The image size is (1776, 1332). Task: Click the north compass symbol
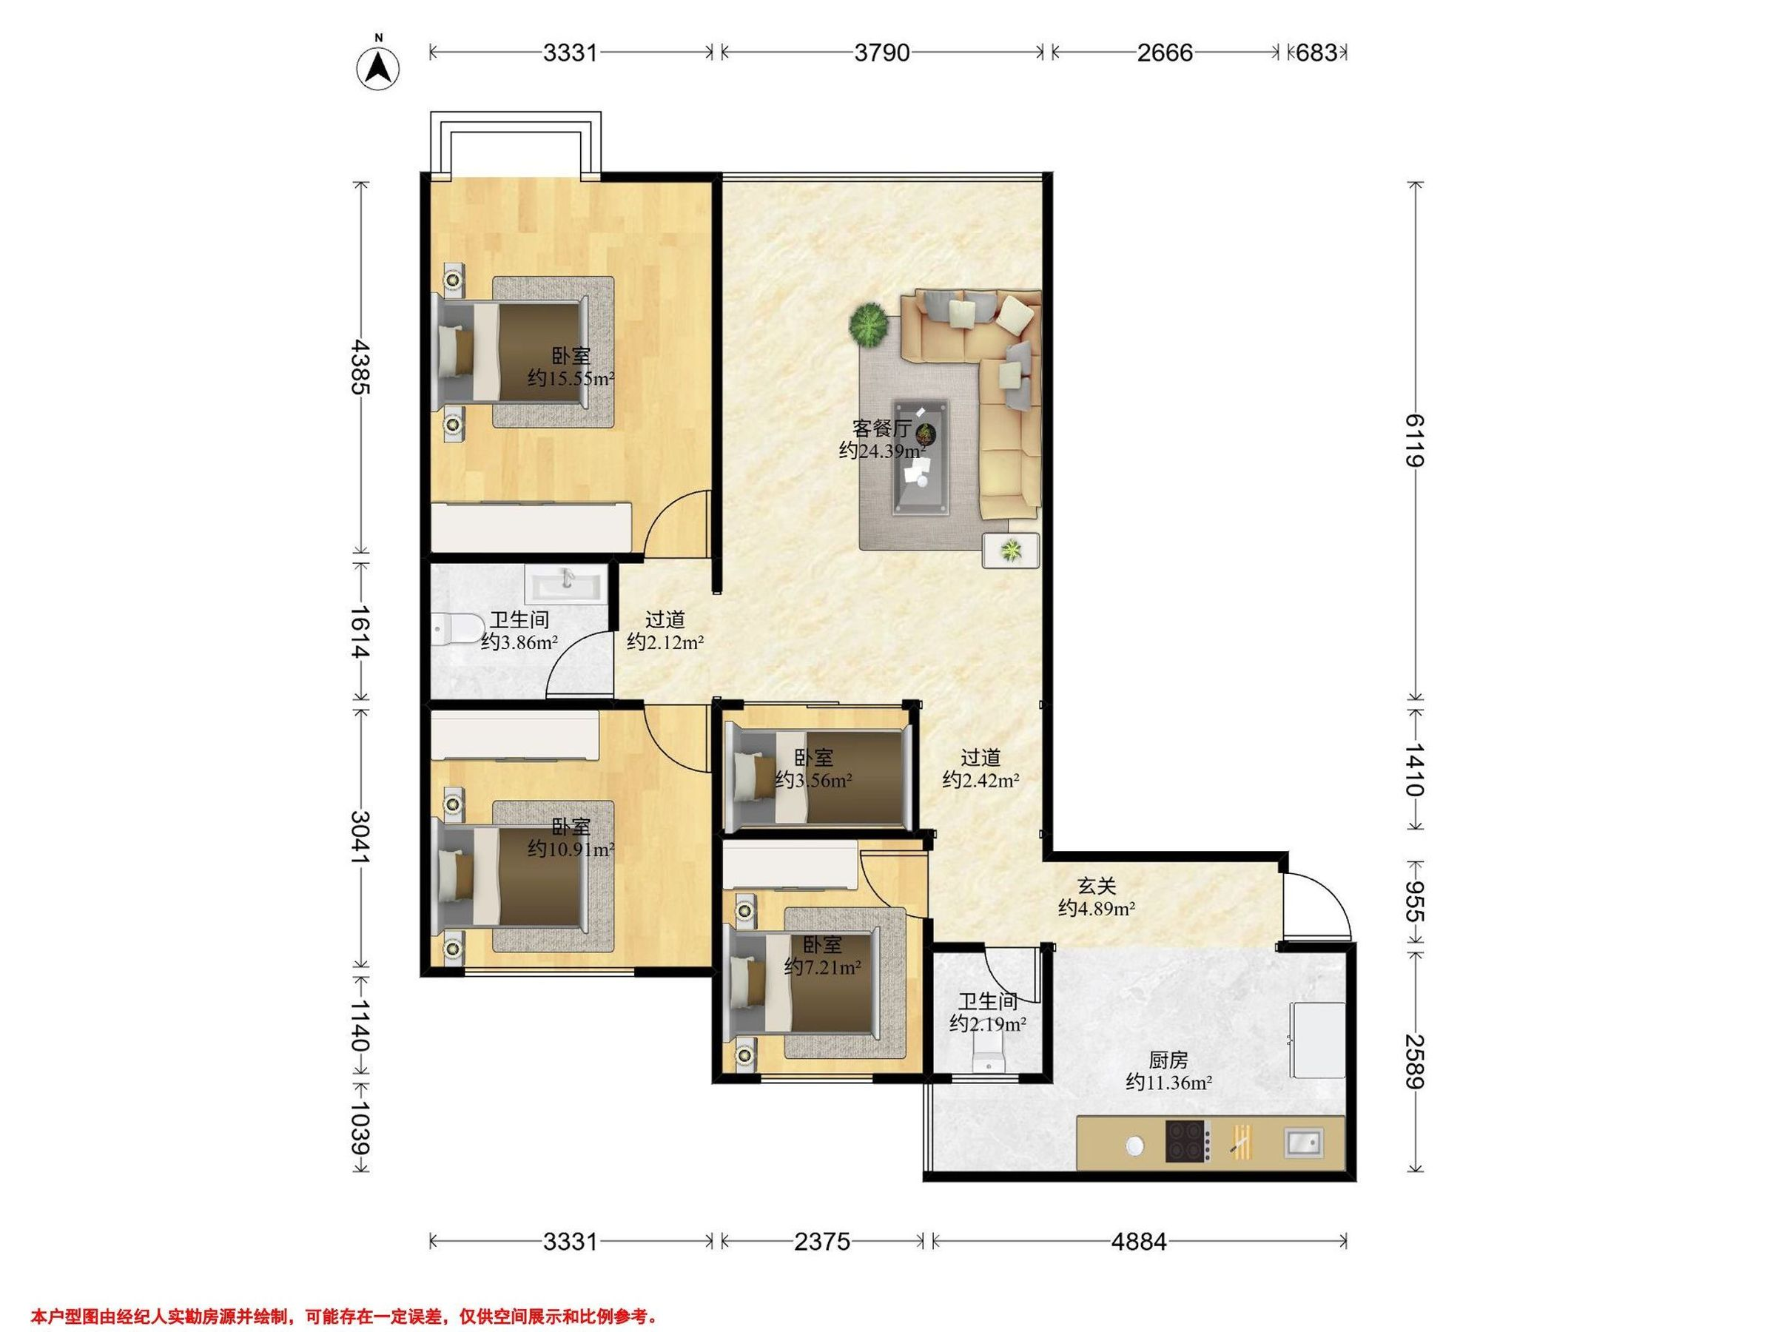click(378, 67)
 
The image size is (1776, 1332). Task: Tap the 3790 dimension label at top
click(881, 53)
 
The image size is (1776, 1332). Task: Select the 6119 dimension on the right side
click(1415, 440)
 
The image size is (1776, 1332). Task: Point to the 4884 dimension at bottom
click(1139, 1241)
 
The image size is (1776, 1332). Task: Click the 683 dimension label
click(1317, 53)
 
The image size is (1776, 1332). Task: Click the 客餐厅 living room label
click(881, 428)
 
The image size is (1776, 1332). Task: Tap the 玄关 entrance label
click(1097, 887)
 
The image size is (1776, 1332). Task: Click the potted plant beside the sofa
click(869, 325)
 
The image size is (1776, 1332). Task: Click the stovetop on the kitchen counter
click(1188, 1141)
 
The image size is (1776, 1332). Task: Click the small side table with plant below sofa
click(1011, 550)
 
